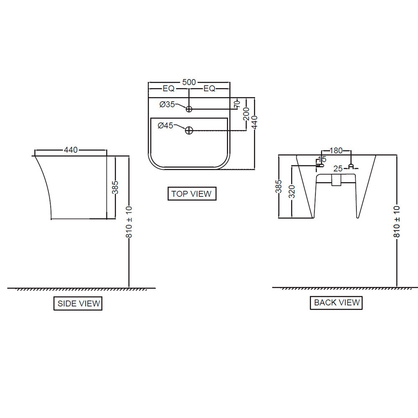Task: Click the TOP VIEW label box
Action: coord(192,194)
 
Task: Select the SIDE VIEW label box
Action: coord(78,303)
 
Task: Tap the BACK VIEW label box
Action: coord(336,303)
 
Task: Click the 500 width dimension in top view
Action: coord(189,82)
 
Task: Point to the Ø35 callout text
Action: coord(167,104)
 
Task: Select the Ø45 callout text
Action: coord(166,125)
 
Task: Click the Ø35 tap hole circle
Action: coord(189,109)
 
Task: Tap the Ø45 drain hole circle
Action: coord(189,130)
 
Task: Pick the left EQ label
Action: coord(168,89)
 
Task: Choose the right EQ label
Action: coord(209,89)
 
